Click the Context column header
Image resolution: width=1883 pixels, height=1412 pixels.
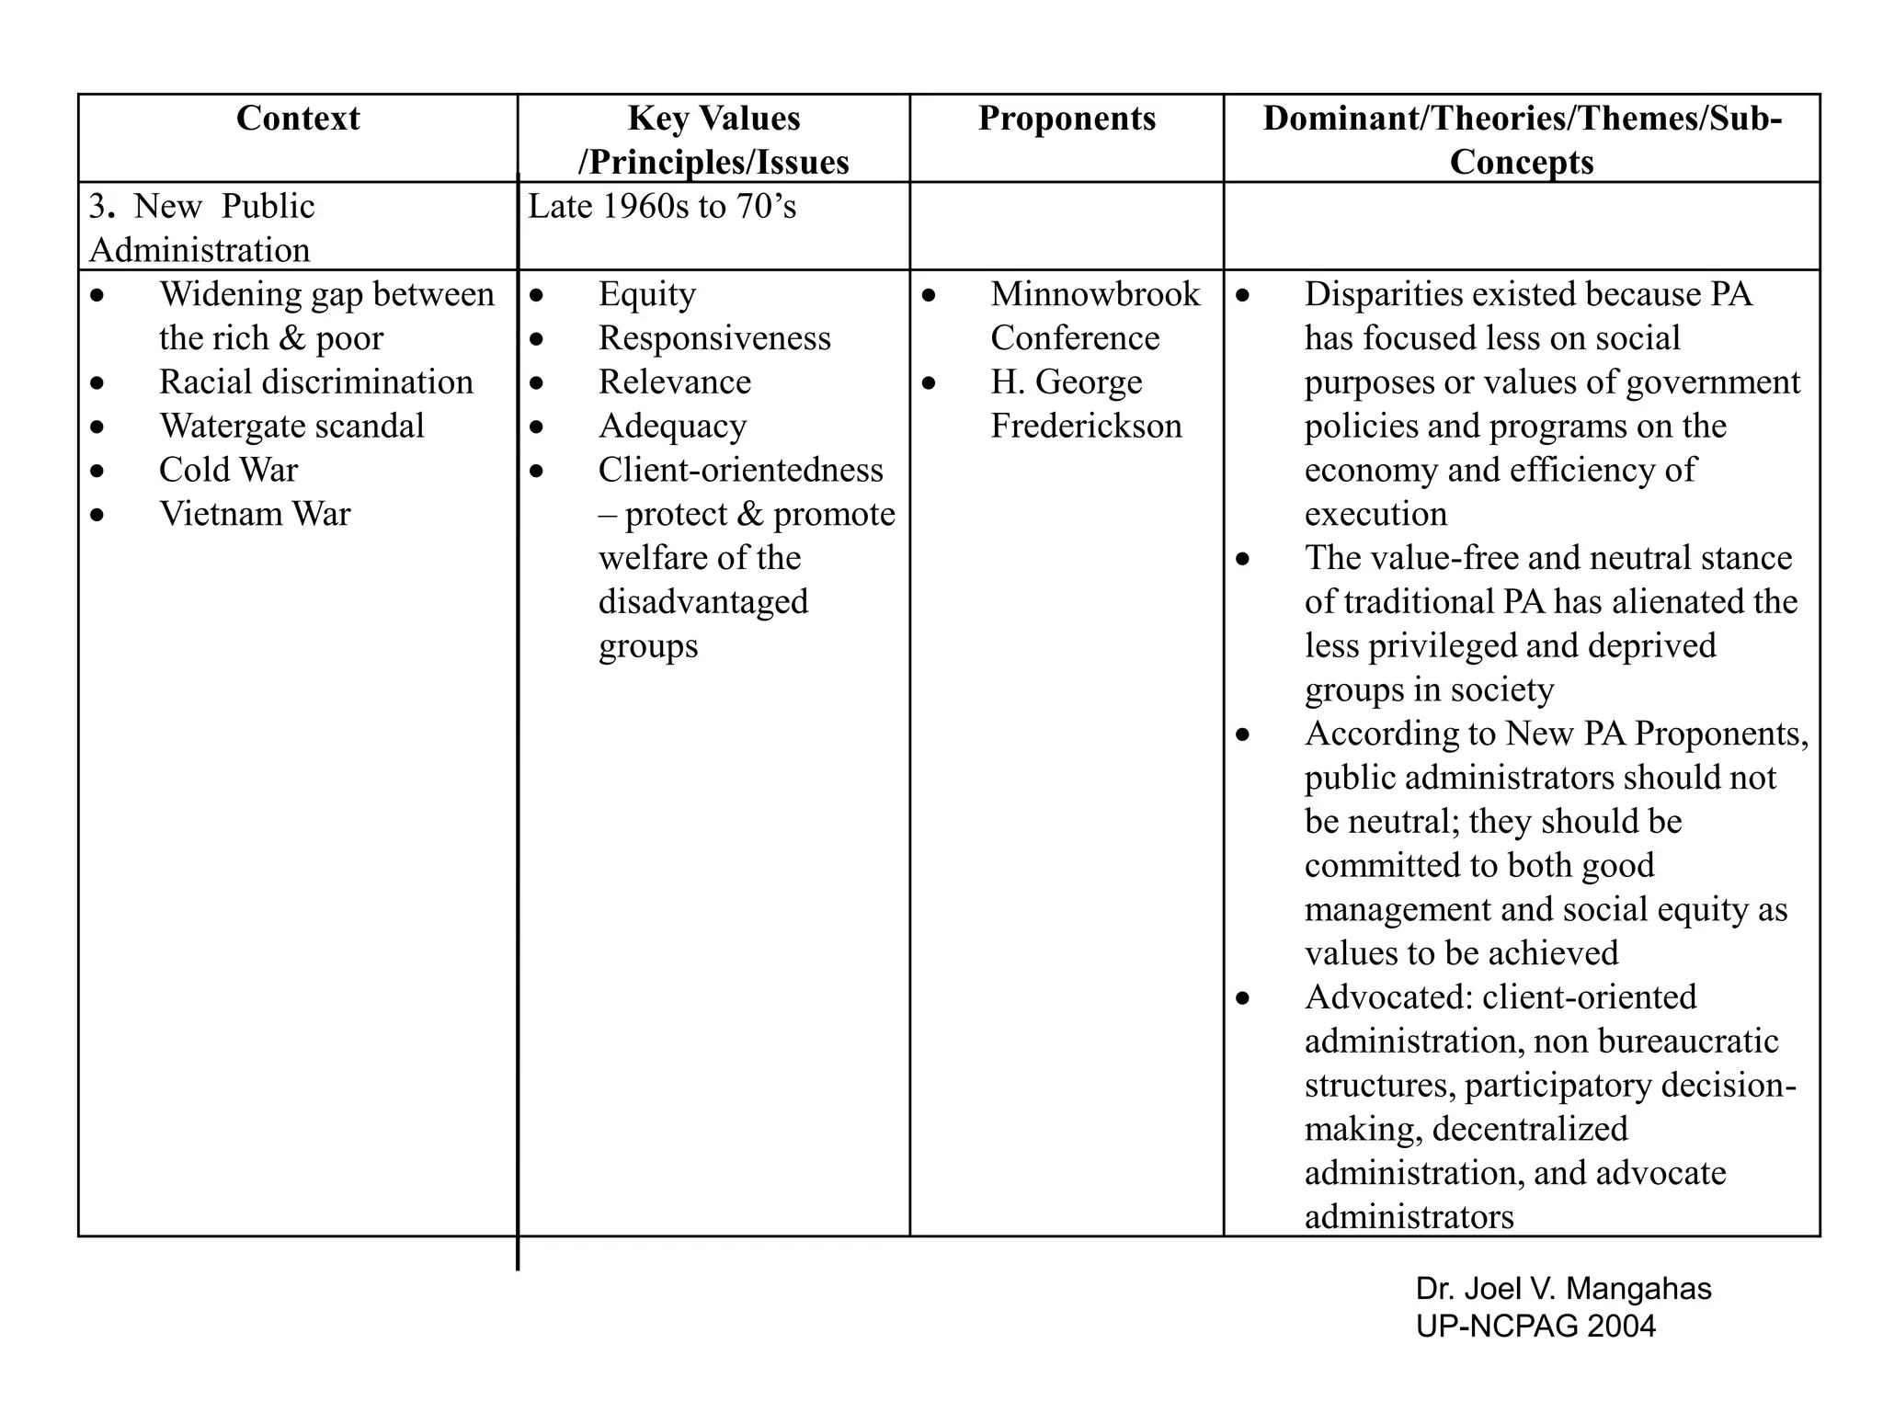pos(298,119)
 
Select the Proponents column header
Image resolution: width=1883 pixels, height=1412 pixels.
pos(1067,119)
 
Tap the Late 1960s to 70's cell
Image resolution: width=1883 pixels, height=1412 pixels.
pos(662,207)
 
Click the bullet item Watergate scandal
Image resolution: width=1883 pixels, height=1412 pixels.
pos(291,427)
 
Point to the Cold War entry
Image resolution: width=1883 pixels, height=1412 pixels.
pos(228,471)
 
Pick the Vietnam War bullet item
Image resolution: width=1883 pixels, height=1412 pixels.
pos(255,514)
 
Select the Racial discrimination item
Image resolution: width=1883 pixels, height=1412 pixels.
pos(316,382)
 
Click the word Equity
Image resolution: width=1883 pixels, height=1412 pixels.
pos(647,294)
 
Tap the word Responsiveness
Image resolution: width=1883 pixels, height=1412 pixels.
pos(714,338)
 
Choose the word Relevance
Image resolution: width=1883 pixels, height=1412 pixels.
pos(675,382)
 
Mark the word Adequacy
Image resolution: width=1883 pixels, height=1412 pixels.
pos(672,427)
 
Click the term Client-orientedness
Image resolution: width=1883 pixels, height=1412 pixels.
pos(741,471)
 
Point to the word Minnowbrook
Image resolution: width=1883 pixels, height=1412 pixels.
pos(1095,294)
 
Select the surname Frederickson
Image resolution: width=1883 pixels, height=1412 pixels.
pos(1086,427)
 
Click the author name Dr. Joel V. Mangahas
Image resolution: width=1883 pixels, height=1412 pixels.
pos(1563,1289)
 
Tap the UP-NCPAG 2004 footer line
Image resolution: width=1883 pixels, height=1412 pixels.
pos(1535,1326)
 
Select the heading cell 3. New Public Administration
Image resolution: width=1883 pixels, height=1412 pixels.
pos(202,227)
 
